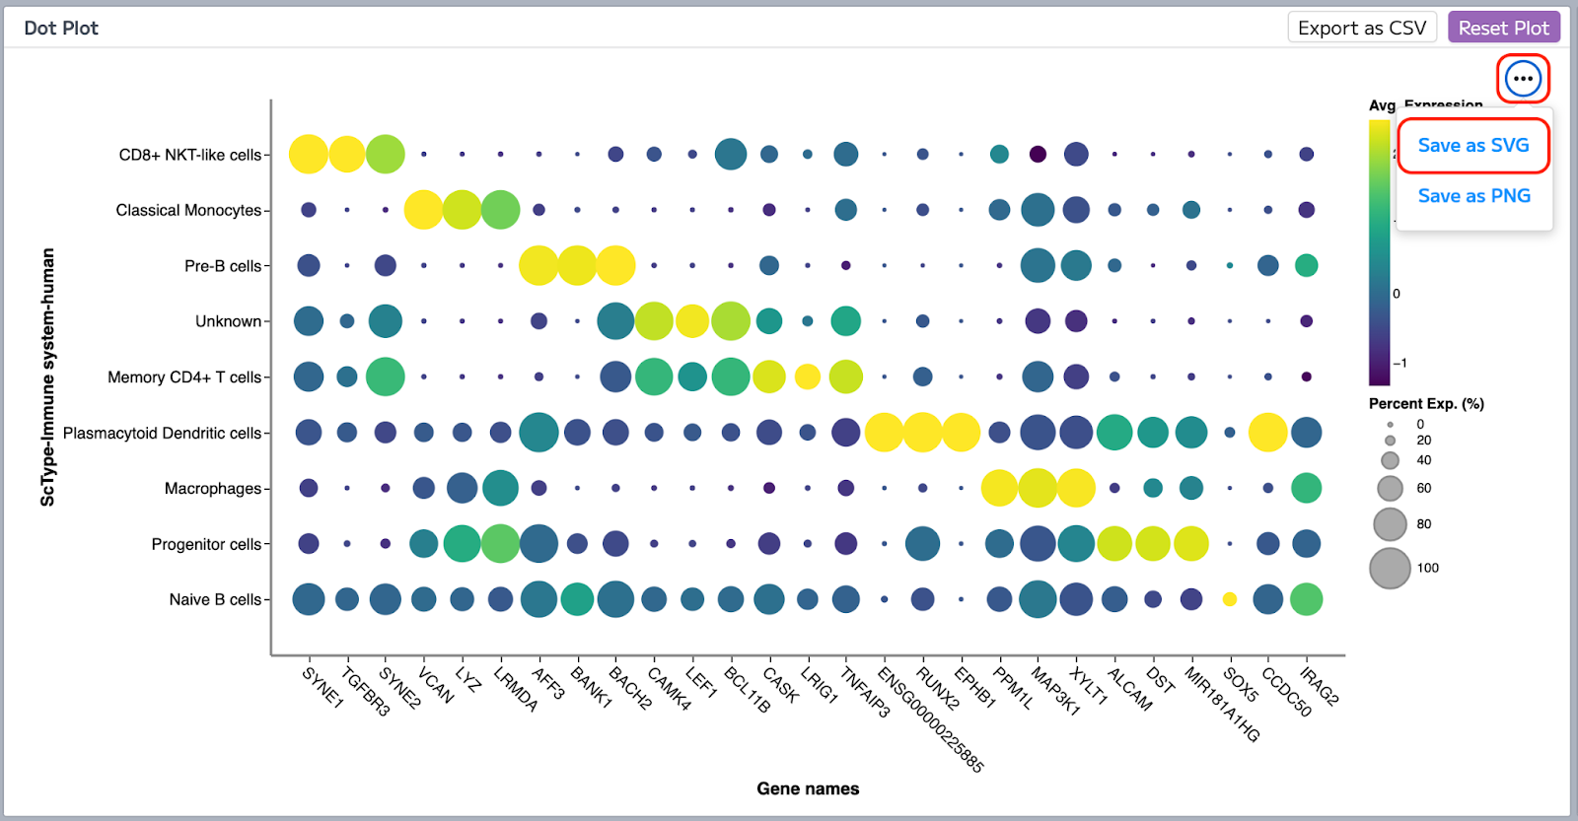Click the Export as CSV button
[1361, 28]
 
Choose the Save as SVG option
[1473, 145]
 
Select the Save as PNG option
[1473, 196]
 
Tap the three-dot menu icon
[1523, 78]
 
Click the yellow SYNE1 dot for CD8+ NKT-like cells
[309, 154]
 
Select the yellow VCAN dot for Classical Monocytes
[424, 210]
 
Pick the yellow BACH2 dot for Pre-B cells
[615, 265]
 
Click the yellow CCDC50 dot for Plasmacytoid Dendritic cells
[1268, 433]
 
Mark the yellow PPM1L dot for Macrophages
[999, 488]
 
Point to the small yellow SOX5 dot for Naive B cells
[1230, 599]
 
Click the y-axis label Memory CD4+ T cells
[184, 377]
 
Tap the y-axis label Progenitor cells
[206, 544]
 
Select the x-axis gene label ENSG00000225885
[930, 720]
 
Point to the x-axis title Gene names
[808, 788]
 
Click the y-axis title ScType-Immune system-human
[47, 376]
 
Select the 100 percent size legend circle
[1390, 569]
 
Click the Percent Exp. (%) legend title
[1426, 403]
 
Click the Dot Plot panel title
[61, 28]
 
